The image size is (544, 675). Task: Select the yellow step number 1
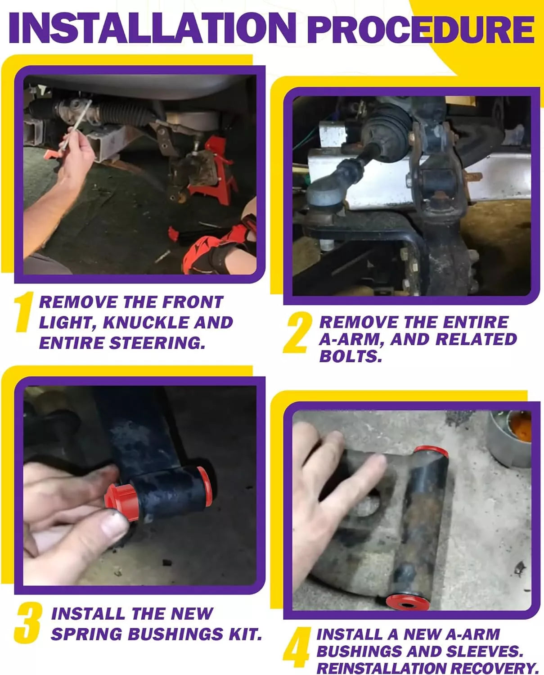23,312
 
